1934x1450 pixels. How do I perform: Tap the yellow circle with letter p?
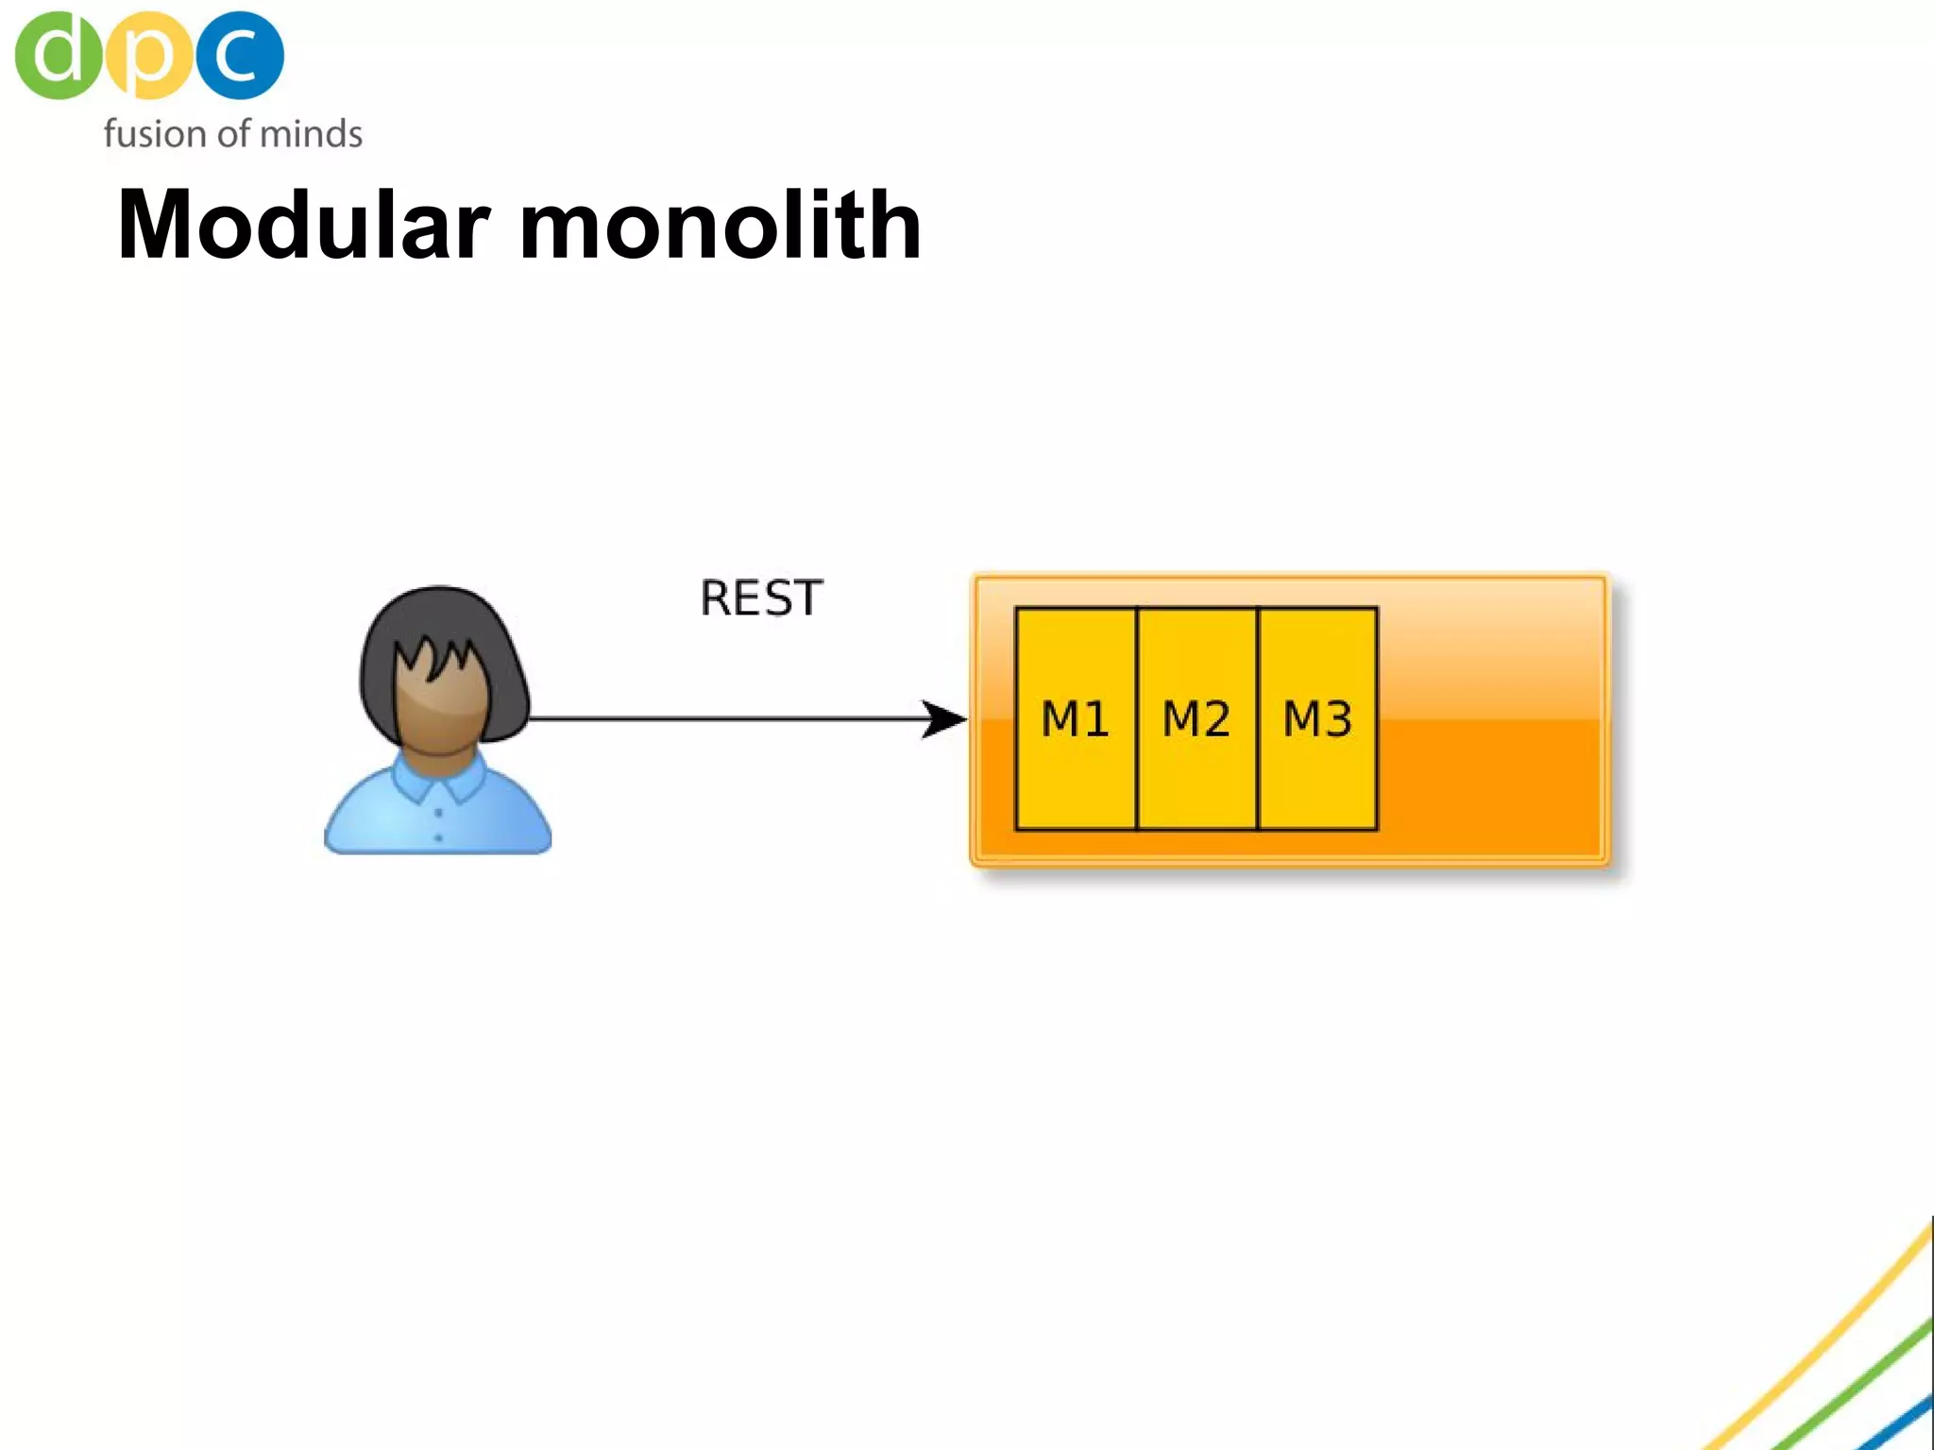click(148, 55)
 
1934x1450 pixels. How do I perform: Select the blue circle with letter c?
click(240, 55)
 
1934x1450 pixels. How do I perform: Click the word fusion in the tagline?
click(155, 134)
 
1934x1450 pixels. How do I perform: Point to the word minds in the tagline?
click(311, 134)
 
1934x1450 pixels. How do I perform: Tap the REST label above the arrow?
click(761, 599)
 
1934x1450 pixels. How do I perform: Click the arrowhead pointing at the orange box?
click(944, 719)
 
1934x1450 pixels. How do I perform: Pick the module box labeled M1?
click(1076, 719)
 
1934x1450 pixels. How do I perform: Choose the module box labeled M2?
click(1196, 719)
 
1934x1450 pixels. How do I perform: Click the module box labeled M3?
click(1317, 719)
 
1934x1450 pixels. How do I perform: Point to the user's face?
click(439, 703)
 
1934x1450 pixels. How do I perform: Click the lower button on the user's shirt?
click(438, 837)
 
